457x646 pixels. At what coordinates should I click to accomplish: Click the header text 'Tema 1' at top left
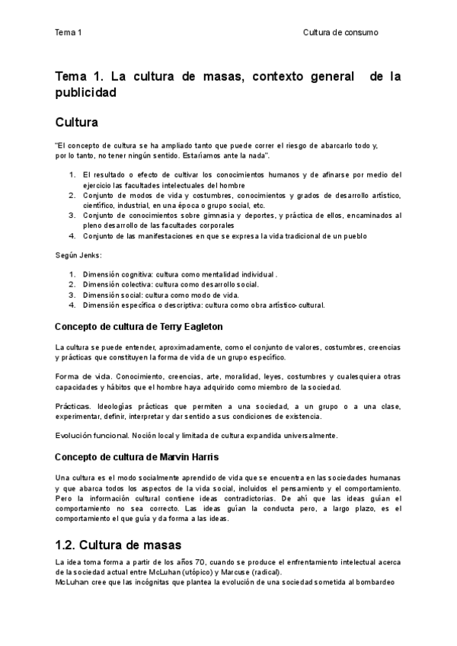click(68, 32)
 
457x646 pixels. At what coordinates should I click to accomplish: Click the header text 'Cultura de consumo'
click(340, 32)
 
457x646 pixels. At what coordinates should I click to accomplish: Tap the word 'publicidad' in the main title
click(85, 93)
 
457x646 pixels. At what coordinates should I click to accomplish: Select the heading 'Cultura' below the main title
click(76, 122)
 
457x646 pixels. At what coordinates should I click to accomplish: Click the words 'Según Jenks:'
click(78, 254)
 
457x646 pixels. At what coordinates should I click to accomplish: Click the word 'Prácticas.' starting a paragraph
click(73, 406)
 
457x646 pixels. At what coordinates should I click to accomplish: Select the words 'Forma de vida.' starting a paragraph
click(80, 377)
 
